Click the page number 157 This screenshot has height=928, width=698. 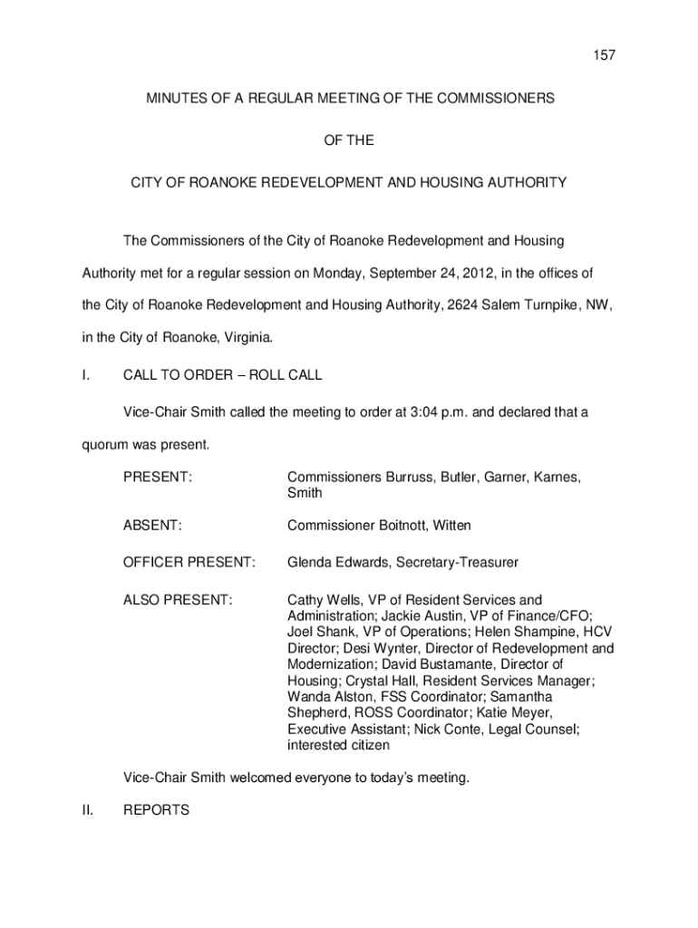[x=578, y=56]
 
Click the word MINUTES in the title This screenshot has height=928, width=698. [x=177, y=98]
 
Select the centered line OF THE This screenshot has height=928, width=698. [x=349, y=140]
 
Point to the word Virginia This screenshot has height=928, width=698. [x=245, y=338]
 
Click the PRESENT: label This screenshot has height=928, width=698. [x=158, y=477]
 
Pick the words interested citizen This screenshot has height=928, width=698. [x=339, y=745]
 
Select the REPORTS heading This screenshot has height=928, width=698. [x=156, y=810]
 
